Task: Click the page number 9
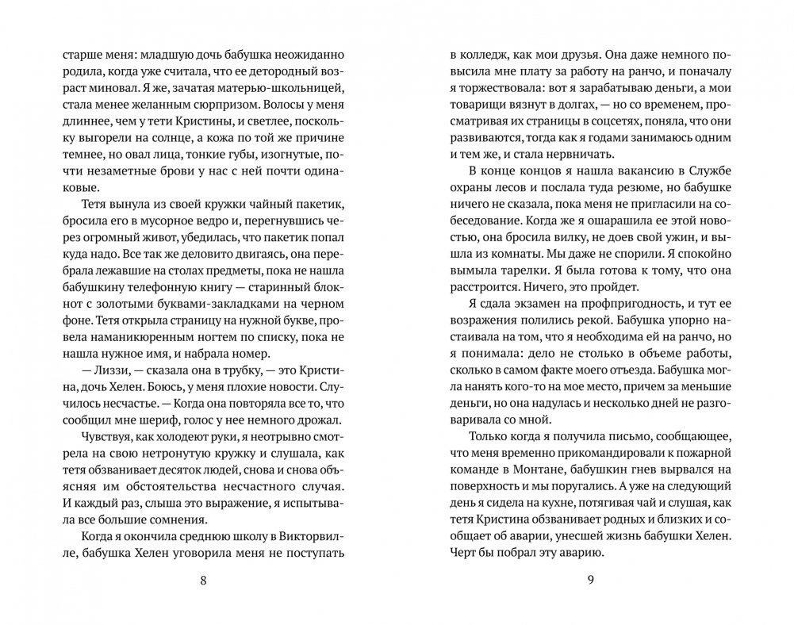pyautogui.click(x=589, y=579)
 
